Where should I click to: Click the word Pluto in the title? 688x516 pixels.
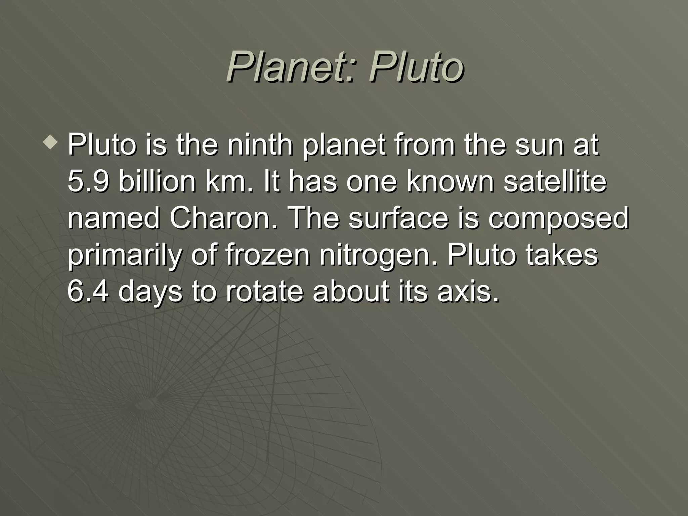[417, 66]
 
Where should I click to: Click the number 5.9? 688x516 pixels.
[88, 181]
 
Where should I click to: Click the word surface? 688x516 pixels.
[398, 218]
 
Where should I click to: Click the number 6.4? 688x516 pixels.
[88, 291]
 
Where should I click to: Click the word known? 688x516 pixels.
[450, 181]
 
